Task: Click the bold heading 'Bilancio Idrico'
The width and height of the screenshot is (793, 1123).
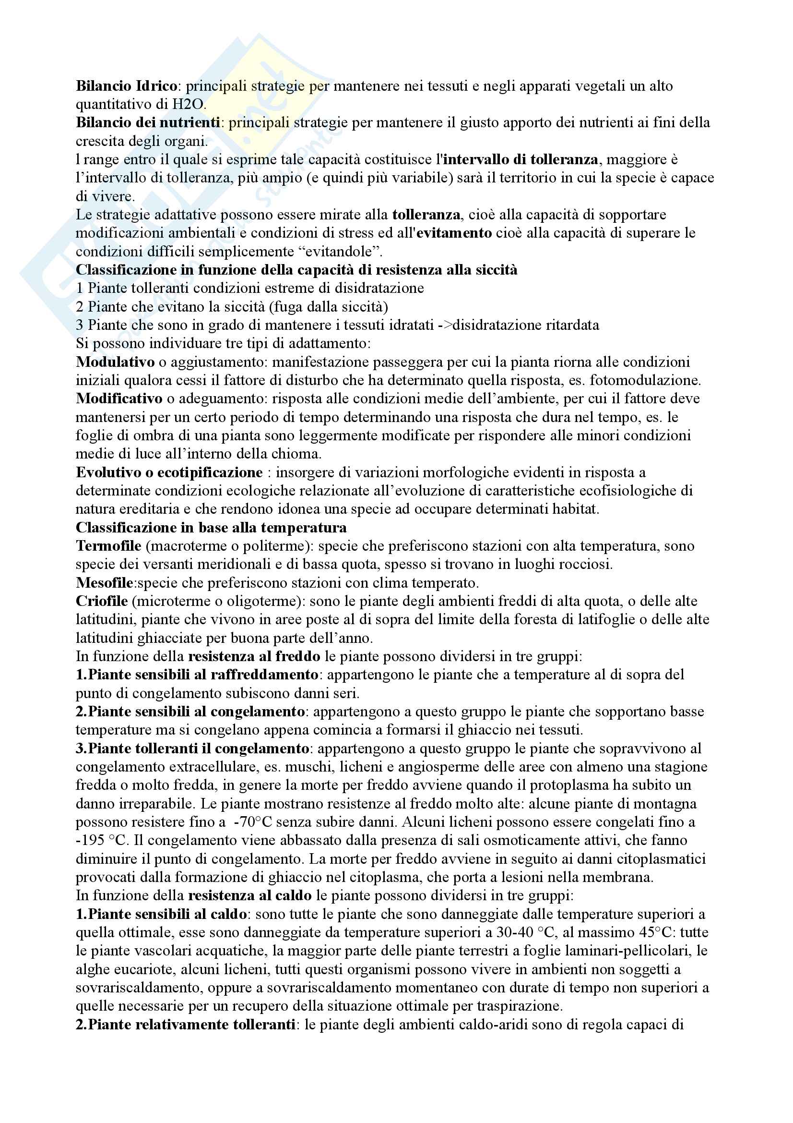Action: pyautogui.click(x=126, y=85)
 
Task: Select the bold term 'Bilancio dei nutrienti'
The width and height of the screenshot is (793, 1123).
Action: pyautogui.click(x=148, y=122)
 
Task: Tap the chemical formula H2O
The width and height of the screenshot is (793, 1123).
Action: pyautogui.click(x=188, y=104)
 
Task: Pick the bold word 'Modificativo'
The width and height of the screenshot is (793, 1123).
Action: pyautogui.click(x=118, y=398)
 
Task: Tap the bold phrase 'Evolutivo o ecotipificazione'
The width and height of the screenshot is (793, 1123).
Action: pyautogui.click(x=169, y=472)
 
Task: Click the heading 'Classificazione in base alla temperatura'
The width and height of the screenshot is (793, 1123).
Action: pyautogui.click(x=211, y=528)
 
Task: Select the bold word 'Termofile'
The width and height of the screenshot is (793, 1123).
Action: pyautogui.click(x=108, y=546)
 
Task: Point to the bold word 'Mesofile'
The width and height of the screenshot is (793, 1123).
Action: pyautogui.click(x=104, y=583)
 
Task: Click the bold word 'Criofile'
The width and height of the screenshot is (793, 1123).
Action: pyautogui.click(x=102, y=601)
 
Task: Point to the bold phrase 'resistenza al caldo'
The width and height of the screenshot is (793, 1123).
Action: pyautogui.click(x=249, y=895)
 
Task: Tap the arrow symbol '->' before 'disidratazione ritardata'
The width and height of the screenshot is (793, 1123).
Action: pyautogui.click(x=445, y=325)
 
